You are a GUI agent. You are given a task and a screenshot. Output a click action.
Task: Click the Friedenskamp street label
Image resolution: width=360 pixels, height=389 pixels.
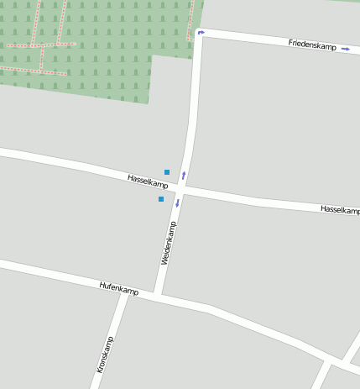(311, 44)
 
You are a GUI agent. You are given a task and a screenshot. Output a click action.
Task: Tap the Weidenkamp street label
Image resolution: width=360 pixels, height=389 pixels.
(168, 244)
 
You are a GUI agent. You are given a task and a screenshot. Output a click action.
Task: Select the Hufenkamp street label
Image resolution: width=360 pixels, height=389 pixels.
(118, 288)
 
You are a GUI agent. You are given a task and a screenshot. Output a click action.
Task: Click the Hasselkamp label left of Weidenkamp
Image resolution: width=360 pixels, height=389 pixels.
(148, 181)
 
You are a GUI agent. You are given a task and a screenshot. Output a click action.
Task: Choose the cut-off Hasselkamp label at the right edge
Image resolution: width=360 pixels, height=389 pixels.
(340, 209)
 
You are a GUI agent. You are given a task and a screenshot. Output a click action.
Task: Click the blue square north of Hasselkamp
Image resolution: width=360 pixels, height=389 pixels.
(167, 172)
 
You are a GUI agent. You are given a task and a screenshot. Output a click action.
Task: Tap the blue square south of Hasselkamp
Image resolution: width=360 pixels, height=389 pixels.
(161, 199)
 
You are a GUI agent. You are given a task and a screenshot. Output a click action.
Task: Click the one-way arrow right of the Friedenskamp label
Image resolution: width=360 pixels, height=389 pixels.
(346, 49)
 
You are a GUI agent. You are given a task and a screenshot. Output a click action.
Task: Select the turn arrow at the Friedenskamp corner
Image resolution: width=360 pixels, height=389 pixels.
(201, 33)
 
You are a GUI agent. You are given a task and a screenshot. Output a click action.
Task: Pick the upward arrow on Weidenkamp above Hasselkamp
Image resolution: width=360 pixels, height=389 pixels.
(184, 176)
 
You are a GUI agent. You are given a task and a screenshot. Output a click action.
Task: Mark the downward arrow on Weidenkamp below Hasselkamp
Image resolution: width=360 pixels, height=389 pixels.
(177, 202)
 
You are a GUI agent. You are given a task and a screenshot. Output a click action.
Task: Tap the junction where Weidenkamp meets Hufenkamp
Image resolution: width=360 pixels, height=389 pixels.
(159, 296)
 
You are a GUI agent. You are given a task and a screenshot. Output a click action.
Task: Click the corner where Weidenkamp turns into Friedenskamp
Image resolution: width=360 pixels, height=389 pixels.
(200, 34)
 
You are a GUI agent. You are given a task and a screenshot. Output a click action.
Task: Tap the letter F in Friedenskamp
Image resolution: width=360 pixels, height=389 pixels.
(290, 41)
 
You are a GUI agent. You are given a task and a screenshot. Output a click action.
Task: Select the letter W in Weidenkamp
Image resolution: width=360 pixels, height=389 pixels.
(164, 264)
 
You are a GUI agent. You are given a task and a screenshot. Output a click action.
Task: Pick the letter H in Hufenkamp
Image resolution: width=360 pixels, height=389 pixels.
(102, 286)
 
